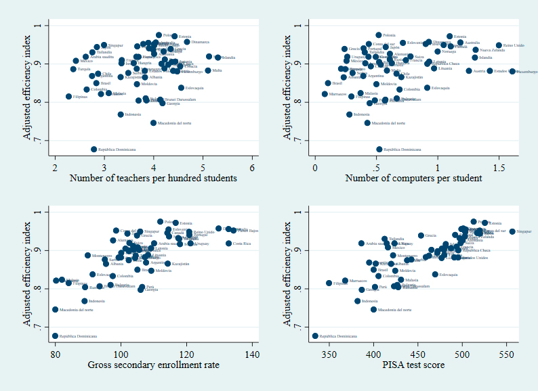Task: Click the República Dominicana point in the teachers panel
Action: (x=94, y=149)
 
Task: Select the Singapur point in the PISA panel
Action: (x=512, y=231)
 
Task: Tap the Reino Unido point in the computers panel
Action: (x=499, y=45)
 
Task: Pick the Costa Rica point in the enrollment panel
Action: (x=228, y=244)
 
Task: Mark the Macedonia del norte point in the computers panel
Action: (x=367, y=123)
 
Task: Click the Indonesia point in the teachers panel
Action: (x=121, y=114)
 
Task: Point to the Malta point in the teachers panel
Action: (x=208, y=70)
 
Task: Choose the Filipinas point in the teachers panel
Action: (x=68, y=97)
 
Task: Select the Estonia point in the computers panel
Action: (x=449, y=37)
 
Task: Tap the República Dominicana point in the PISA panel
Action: (x=315, y=336)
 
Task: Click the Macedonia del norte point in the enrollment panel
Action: (x=55, y=310)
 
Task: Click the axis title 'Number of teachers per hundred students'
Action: (x=153, y=179)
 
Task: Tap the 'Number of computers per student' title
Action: (x=413, y=179)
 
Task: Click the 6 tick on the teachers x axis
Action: (x=252, y=167)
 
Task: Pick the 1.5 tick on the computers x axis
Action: (x=498, y=167)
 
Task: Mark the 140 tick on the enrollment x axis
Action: (x=252, y=354)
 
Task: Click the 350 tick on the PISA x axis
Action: (x=329, y=354)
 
